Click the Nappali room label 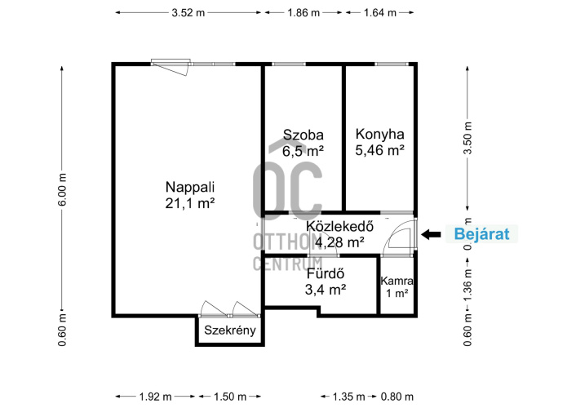click(x=190, y=188)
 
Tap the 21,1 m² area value click(x=190, y=203)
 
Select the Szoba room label click(x=303, y=135)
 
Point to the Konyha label click(x=380, y=134)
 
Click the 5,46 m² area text click(x=380, y=150)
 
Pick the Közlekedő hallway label click(x=339, y=226)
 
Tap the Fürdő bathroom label click(x=326, y=274)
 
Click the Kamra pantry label click(x=397, y=282)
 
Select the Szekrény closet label click(x=230, y=330)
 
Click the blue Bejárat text click(x=481, y=233)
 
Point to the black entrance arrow click(x=431, y=234)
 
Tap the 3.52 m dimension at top click(x=188, y=13)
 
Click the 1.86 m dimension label click(x=304, y=13)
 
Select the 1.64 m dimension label click(x=380, y=13)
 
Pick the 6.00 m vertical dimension click(x=63, y=189)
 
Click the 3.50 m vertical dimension click(x=467, y=138)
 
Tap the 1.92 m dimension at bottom click(x=156, y=397)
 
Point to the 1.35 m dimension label click(x=348, y=397)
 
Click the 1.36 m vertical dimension click(x=467, y=285)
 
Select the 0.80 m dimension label click(x=397, y=397)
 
